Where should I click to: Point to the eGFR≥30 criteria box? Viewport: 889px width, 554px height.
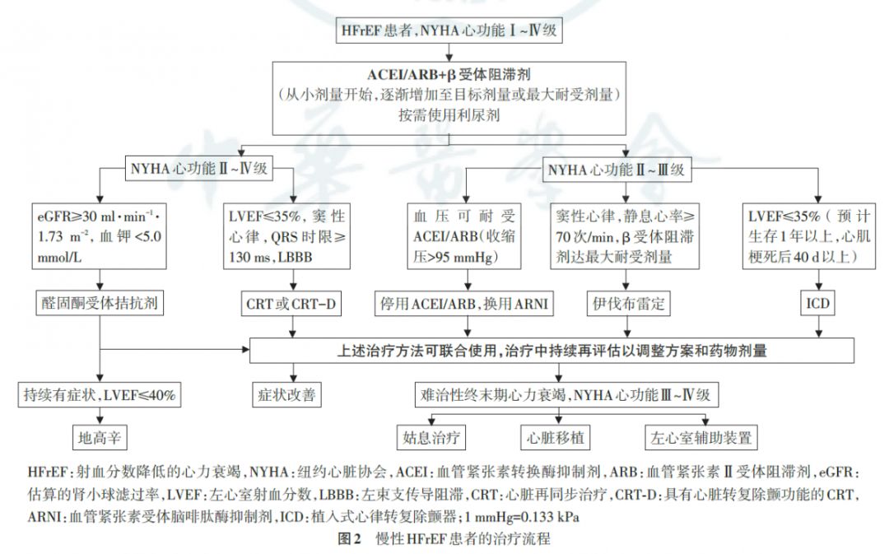pyautogui.click(x=100, y=237)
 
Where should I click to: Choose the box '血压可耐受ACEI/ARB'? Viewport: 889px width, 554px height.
pyautogui.click(x=463, y=237)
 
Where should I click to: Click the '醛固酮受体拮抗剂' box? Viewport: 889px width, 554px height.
pyautogui.click(x=100, y=303)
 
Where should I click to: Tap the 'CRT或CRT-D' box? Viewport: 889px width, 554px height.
pyautogui.click(x=289, y=303)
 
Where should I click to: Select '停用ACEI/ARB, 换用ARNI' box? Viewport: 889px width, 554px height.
pyautogui.click(x=463, y=303)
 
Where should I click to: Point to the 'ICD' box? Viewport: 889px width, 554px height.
pyautogui.click(x=817, y=303)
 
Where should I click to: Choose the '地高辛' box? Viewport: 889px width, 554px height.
pyautogui.click(x=100, y=437)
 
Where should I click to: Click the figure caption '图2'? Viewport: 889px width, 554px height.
pyautogui.click(x=351, y=540)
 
